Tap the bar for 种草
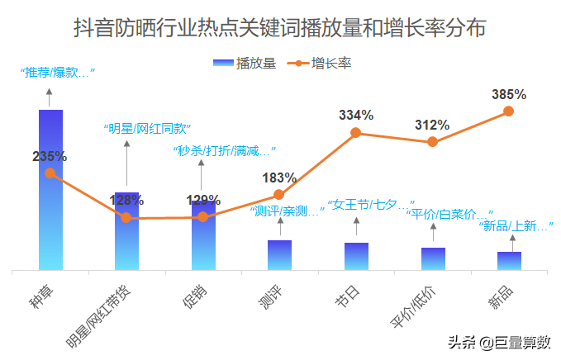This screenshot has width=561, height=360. (x=50, y=190)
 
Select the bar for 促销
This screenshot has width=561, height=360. (x=203, y=235)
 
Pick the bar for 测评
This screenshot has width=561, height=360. (x=279, y=254)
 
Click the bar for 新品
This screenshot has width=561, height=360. (x=509, y=260)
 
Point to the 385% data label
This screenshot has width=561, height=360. (x=509, y=94)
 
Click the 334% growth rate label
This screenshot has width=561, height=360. (x=356, y=116)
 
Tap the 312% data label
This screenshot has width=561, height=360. (x=432, y=126)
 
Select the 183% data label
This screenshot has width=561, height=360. (x=279, y=178)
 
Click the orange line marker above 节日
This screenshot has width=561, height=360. (x=356, y=132)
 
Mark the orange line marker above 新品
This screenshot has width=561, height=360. (x=509, y=111)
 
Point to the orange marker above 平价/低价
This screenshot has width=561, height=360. (x=432, y=142)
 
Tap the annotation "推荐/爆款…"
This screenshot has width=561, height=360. (x=57, y=73)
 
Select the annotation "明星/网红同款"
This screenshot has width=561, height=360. (x=147, y=129)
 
